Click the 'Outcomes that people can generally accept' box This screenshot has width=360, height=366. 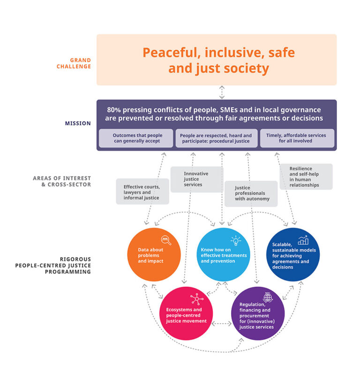[136, 138]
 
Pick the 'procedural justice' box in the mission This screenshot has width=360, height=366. [216, 138]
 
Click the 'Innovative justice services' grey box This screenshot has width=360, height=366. [196, 179]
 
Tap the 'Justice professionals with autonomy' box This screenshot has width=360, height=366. [250, 193]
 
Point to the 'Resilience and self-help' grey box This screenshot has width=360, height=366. [306, 176]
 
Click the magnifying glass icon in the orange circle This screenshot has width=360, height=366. [166, 240]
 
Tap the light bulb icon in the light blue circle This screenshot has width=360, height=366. [235, 241]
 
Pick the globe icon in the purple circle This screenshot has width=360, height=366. [268, 297]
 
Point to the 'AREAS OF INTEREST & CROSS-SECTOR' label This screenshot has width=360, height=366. [62, 182]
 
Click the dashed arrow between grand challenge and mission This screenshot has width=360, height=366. [216, 92]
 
